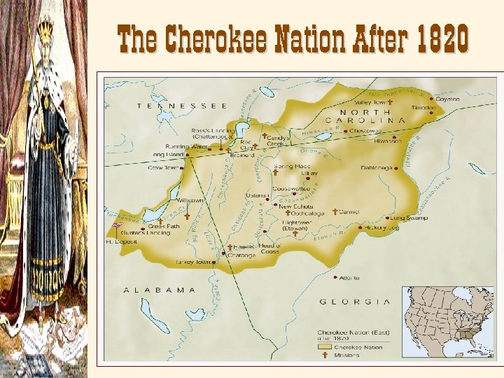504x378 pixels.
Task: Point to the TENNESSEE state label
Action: tap(182, 106)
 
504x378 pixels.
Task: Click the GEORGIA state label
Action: tap(354, 301)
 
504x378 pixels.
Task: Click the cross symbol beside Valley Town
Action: tap(390, 102)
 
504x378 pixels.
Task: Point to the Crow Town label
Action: tap(163, 168)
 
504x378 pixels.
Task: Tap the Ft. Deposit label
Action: tap(119, 241)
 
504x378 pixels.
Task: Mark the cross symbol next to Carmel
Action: tap(335, 211)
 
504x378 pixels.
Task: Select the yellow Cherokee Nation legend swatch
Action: tap(325, 346)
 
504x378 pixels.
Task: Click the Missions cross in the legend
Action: tap(325, 355)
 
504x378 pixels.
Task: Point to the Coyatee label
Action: tap(447, 99)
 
